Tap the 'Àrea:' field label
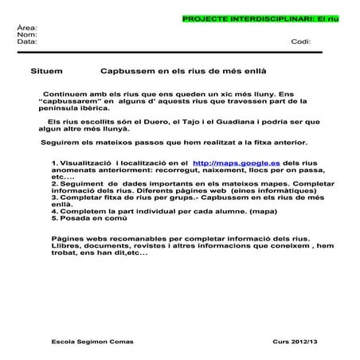coord(27,28)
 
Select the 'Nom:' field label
coord(27,35)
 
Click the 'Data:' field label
coord(27,41)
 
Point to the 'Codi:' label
coord(301,41)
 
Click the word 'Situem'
coord(46,71)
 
